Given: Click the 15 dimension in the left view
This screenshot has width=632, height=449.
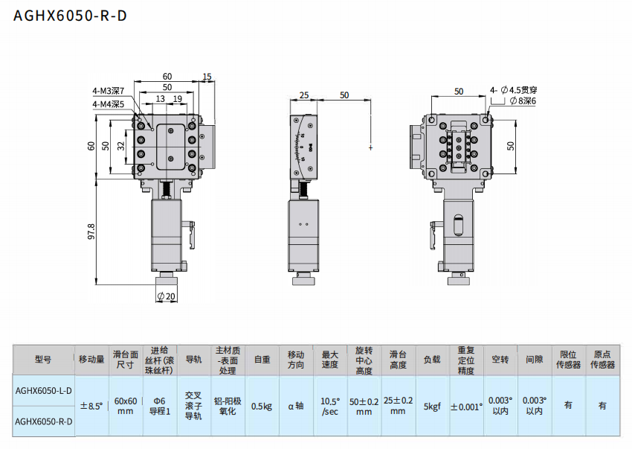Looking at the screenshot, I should pos(207,76).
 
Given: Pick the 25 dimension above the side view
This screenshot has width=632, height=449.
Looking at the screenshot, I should pos(304,95).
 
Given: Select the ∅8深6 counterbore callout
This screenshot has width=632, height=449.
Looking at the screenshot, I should pos(523,101).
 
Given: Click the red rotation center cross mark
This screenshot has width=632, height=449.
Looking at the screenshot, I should pos(370,147).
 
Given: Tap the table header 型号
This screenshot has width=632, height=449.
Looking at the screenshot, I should pos(44,359).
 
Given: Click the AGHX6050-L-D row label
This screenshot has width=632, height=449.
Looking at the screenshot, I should pos(44,390).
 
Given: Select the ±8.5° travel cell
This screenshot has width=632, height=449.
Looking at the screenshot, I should pos(91,406).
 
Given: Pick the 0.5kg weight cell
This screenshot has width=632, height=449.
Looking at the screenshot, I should pos(262,406).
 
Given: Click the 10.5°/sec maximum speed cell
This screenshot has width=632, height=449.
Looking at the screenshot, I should pos(329,405).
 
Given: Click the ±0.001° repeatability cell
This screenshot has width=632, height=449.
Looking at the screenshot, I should pos(465,406).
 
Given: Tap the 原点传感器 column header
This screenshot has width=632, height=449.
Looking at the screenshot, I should pos(602,359).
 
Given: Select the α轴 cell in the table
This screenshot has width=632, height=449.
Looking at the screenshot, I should pos(296,406).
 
